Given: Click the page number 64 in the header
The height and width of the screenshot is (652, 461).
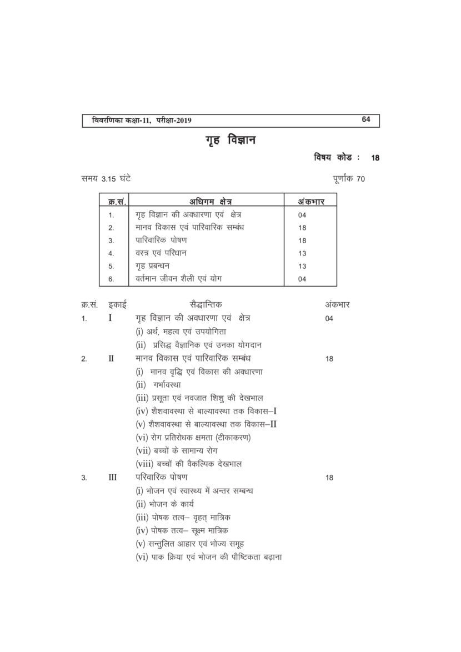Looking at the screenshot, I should (365, 119).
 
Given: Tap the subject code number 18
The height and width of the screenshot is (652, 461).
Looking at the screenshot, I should (375, 158).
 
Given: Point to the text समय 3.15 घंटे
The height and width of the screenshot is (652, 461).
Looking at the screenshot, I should (106, 178).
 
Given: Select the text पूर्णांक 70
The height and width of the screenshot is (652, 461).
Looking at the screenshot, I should (345, 178).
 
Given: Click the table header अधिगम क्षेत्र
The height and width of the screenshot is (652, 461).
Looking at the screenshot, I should (209, 202).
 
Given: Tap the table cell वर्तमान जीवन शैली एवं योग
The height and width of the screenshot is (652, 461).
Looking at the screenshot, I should (182, 279).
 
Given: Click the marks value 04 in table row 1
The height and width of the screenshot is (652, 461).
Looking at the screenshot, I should (302, 215).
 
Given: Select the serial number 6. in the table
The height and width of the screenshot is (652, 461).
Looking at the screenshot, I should (111, 279).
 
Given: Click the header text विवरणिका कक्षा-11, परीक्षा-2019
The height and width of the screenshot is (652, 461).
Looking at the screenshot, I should (138, 120).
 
